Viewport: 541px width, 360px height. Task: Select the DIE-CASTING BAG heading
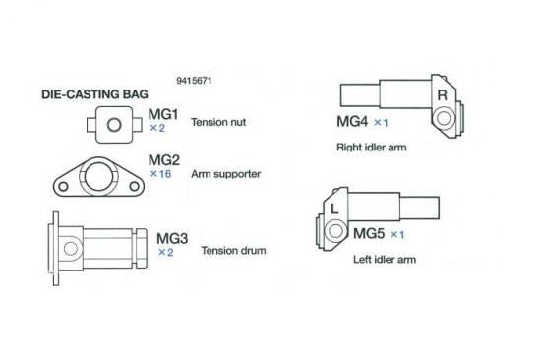94,95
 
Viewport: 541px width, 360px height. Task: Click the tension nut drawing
115,125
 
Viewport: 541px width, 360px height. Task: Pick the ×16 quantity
159,173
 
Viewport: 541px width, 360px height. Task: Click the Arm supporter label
227,173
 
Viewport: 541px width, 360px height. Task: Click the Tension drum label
233,250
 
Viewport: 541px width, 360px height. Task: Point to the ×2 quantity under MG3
165,252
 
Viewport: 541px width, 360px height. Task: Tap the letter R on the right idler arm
442,95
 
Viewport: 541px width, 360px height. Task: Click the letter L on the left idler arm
335,209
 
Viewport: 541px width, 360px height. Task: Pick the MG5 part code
369,235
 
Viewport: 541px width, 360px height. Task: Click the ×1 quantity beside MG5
397,236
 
